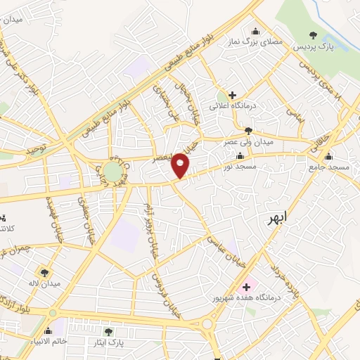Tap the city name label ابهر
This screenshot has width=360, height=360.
[x=277, y=219]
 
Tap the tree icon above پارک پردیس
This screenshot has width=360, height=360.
[x=314, y=34]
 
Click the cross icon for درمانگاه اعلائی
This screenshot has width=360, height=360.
[x=232, y=95]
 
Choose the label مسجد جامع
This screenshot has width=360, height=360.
[x=330, y=168]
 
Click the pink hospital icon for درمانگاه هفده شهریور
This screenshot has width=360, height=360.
[x=247, y=288]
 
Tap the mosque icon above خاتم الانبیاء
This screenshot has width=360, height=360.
[x=49, y=330]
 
